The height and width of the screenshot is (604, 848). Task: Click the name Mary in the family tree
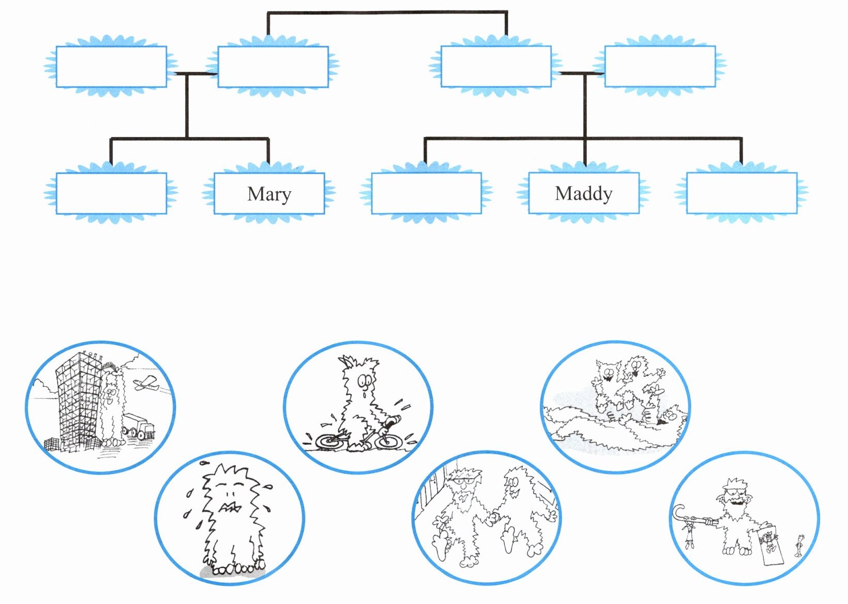(x=269, y=194)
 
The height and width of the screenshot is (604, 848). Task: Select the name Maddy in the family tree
(x=584, y=194)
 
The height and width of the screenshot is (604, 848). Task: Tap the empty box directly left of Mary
(x=111, y=193)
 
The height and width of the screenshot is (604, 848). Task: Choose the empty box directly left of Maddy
(x=426, y=193)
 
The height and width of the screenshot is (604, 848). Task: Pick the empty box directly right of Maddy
(x=742, y=193)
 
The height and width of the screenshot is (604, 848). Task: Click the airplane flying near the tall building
(x=145, y=383)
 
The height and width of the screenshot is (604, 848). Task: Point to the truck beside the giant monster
(x=138, y=426)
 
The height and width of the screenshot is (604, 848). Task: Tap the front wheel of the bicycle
(x=388, y=441)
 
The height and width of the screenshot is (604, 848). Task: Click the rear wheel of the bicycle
(x=328, y=442)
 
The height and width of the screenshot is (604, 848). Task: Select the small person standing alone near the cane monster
(x=799, y=546)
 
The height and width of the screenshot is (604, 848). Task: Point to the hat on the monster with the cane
(x=733, y=485)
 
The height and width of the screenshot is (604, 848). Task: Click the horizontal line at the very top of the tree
(x=387, y=12)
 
